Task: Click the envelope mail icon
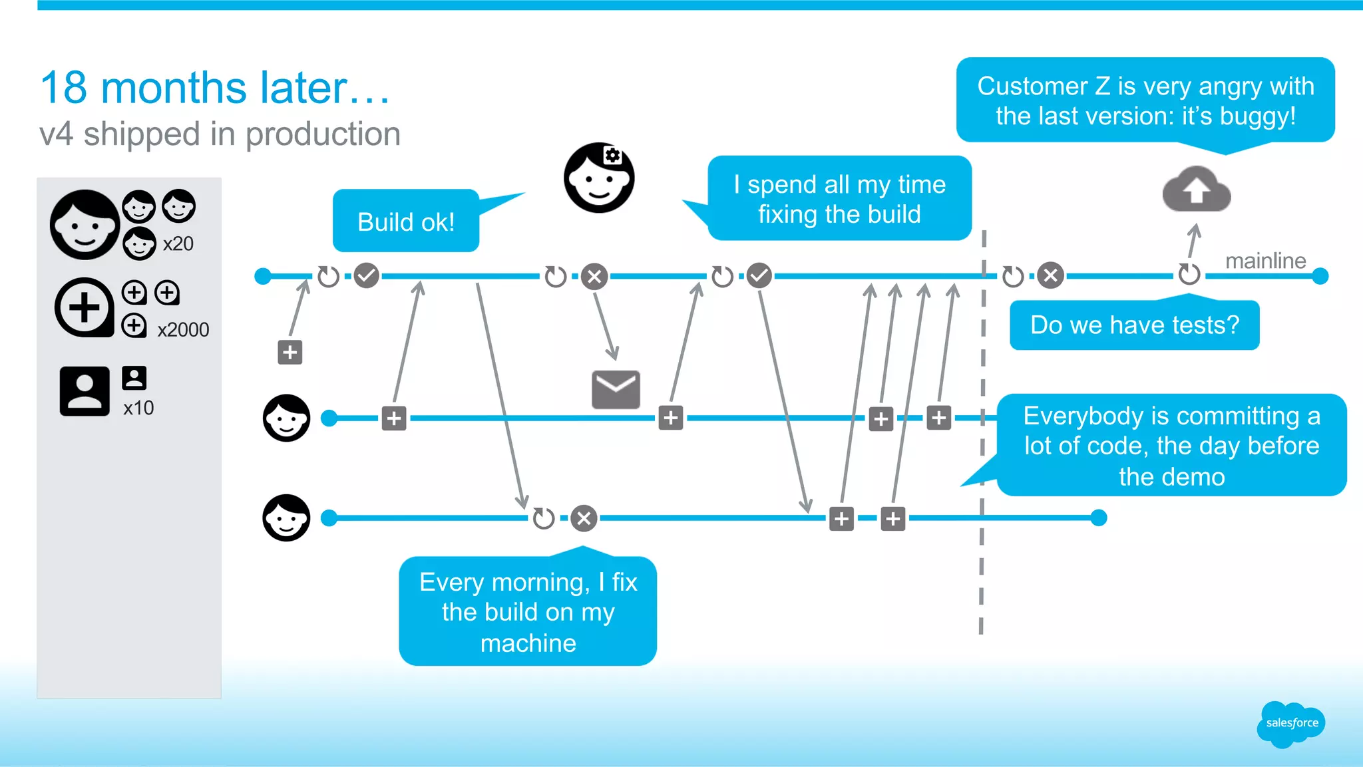pos(616,390)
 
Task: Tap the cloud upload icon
pos(1197,189)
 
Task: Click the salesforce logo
pos(1291,724)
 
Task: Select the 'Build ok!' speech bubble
pos(406,221)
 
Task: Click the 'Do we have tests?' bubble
pos(1135,325)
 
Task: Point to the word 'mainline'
pos(1266,261)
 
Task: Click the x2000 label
pos(183,329)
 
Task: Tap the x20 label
pos(178,243)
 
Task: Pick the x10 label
pos(138,408)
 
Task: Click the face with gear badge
pos(599,178)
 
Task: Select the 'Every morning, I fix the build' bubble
pos(528,611)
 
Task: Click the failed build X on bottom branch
pos(584,518)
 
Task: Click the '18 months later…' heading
pos(215,87)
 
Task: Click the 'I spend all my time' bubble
pos(839,198)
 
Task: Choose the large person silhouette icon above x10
pos(85,391)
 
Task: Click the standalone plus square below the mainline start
pos(290,352)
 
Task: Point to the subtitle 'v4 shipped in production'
pos(220,134)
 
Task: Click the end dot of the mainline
pos(1320,275)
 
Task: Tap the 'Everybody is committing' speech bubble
pos(1171,445)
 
